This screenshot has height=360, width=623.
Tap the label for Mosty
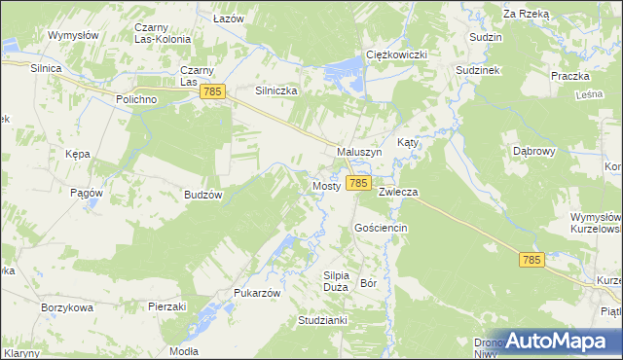325,186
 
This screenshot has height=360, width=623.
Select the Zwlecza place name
398,193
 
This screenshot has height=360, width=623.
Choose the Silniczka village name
275,90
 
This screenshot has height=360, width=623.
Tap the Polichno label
135,100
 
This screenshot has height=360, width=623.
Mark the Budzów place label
204,195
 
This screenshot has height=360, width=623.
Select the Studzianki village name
323,319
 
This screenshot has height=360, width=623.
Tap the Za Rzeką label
527,15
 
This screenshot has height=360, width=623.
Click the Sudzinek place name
477,71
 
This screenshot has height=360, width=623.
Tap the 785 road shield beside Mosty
358,183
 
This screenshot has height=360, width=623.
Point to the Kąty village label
408,142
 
